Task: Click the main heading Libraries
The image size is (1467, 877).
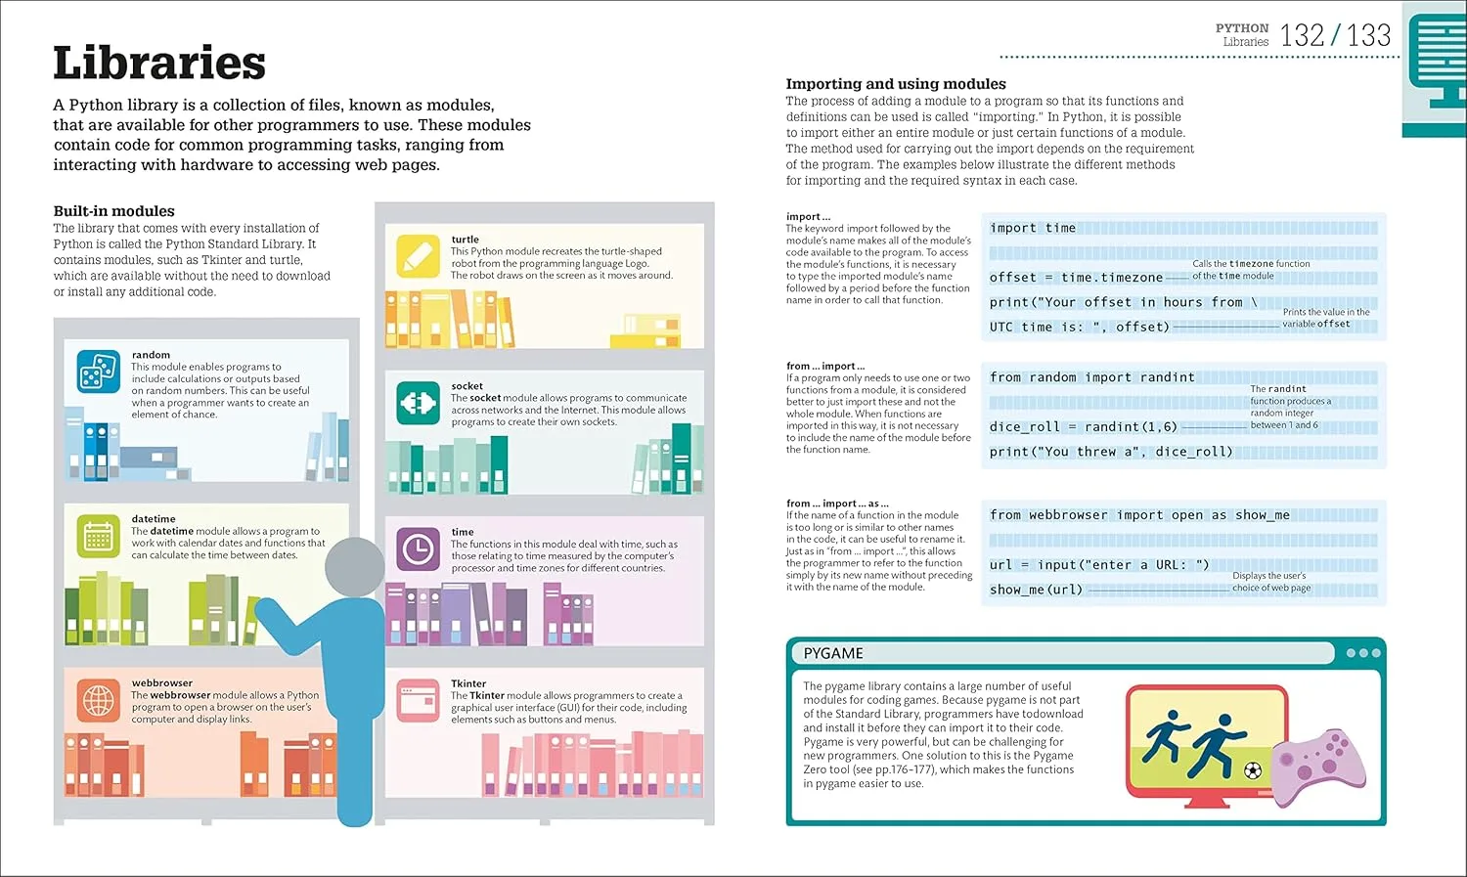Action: (x=159, y=64)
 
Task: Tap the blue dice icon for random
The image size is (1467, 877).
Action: (x=98, y=372)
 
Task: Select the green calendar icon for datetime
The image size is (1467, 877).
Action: (x=98, y=536)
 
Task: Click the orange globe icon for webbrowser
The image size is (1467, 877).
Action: (x=98, y=700)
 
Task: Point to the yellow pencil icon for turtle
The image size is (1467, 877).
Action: (x=418, y=256)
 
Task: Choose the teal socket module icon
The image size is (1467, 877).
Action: (x=418, y=403)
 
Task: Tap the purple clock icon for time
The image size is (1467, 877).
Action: (x=418, y=550)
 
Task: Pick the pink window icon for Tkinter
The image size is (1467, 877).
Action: (x=418, y=700)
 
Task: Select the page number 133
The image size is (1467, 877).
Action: (x=1368, y=36)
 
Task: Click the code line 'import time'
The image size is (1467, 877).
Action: (x=1033, y=228)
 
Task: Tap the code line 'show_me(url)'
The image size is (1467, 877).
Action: (x=1036, y=590)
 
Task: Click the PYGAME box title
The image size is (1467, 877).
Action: (x=833, y=653)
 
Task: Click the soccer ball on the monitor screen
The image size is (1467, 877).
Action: (x=1253, y=770)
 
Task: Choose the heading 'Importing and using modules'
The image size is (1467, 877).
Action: (x=896, y=84)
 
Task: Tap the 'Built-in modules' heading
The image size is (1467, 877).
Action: (x=113, y=211)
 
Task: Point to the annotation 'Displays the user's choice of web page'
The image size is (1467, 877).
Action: (x=1270, y=582)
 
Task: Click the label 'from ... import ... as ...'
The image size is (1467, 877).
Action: (x=837, y=504)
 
